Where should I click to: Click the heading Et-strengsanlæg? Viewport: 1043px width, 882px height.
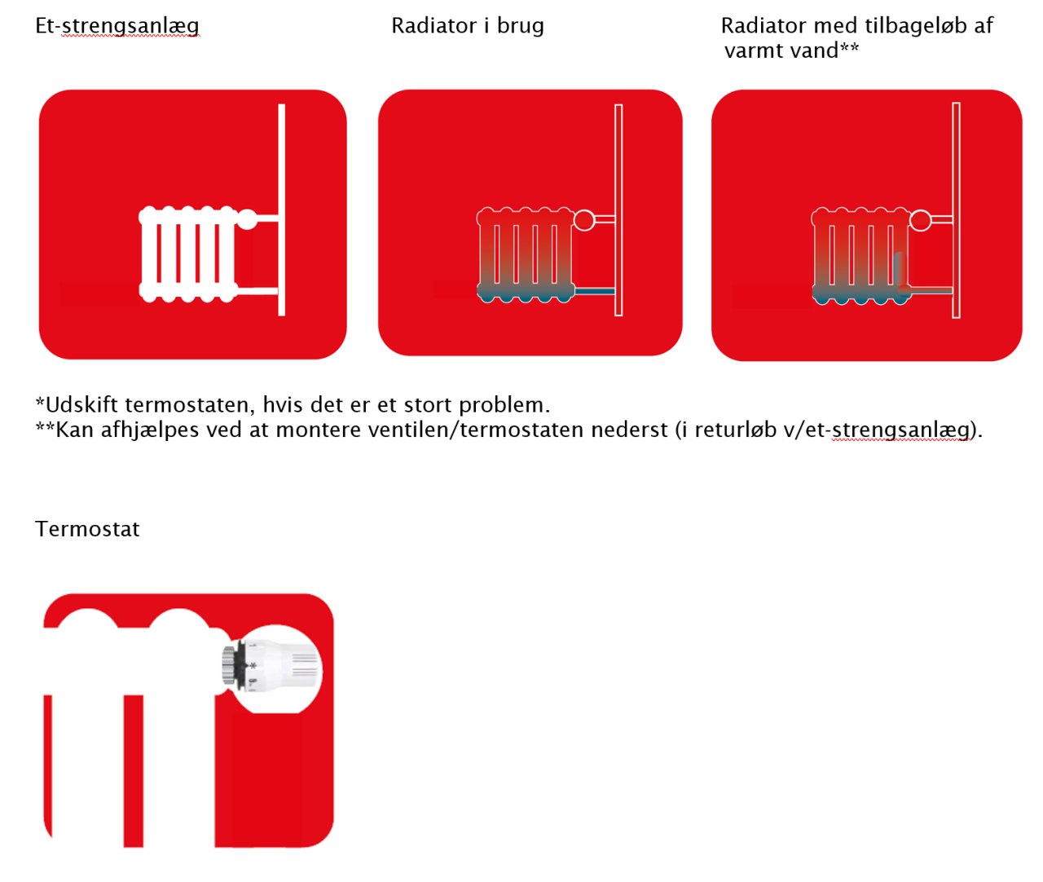click(117, 26)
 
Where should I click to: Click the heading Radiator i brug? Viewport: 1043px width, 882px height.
click(468, 26)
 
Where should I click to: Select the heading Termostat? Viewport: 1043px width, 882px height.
click(87, 528)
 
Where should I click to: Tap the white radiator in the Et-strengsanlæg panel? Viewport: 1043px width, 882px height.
click(188, 254)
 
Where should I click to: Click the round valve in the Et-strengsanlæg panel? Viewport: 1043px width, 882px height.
click(247, 219)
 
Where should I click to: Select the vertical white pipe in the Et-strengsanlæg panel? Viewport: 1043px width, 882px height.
click(282, 210)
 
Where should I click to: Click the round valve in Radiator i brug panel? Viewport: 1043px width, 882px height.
click(584, 220)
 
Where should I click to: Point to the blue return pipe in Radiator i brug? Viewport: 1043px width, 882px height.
click(594, 291)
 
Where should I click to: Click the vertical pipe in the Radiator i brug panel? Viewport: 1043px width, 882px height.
click(618, 210)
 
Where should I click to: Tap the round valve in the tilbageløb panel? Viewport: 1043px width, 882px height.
click(921, 220)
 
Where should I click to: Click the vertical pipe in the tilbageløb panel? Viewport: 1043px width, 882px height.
click(956, 210)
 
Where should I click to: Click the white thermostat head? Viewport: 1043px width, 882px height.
click(284, 666)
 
